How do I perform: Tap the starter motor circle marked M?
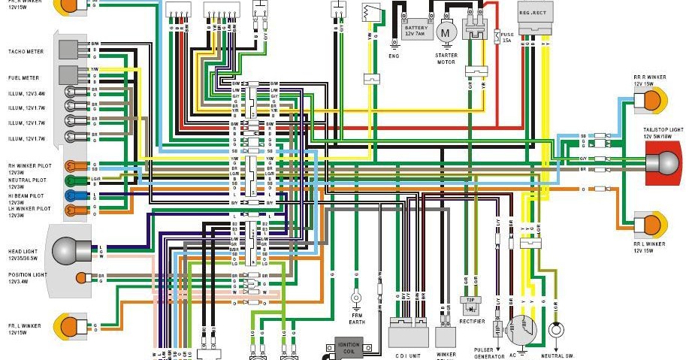pos(447,32)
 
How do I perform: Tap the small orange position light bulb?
pos(81,277)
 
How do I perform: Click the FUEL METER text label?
pos(23,77)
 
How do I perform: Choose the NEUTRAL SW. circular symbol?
pos(556,330)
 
